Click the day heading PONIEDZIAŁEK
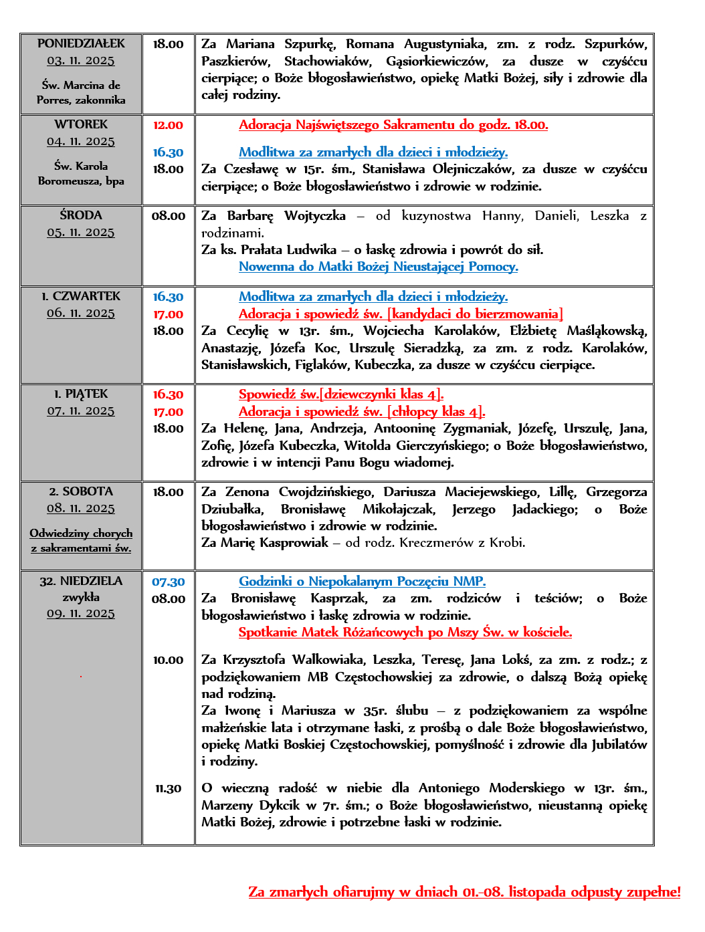click(x=81, y=43)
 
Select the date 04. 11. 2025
click(x=81, y=141)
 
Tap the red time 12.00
click(x=168, y=125)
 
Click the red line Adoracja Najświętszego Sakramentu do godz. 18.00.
click(x=393, y=125)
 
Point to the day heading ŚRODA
click(x=81, y=215)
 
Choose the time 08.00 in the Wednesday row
click(x=168, y=216)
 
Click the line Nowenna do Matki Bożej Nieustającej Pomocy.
click(x=379, y=267)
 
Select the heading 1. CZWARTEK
click(x=81, y=296)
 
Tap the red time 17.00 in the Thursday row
click(x=168, y=314)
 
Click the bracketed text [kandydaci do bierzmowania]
click(x=475, y=314)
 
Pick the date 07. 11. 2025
click(x=81, y=411)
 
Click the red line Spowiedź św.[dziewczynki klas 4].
click(x=341, y=394)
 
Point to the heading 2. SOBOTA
click(x=81, y=491)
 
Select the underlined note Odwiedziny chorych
click(x=81, y=533)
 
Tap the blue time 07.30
click(x=168, y=582)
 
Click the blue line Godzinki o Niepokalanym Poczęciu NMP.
click(x=363, y=582)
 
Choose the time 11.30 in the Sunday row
click(x=168, y=789)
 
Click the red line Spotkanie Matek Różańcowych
click(x=405, y=632)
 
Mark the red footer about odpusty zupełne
click(x=464, y=892)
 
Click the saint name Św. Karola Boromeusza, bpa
click(x=81, y=173)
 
